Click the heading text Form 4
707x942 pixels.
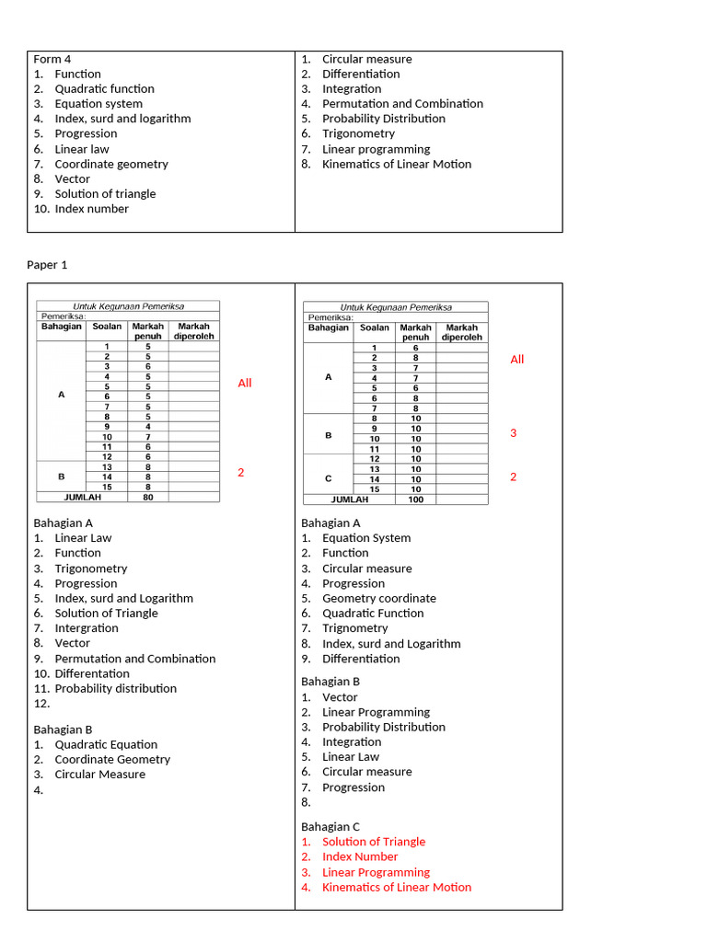(x=52, y=59)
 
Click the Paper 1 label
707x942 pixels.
(x=47, y=265)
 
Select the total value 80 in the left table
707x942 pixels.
(x=147, y=497)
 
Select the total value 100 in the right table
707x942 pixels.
(x=415, y=500)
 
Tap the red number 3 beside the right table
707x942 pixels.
(x=514, y=432)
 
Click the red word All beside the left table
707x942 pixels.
(x=245, y=383)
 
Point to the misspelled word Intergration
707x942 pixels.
(x=87, y=628)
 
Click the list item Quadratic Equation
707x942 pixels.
(x=106, y=744)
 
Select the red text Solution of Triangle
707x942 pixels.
(x=374, y=842)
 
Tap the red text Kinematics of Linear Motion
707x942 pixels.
(x=397, y=887)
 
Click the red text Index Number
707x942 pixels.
(x=360, y=856)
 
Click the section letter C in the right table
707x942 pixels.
(x=329, y=478)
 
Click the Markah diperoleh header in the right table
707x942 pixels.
(x=462, y=332)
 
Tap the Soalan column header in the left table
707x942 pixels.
(x=107, y=327)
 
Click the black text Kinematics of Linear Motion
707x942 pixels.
(x=397, y=164)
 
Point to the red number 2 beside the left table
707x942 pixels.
(x=241, y=472)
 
